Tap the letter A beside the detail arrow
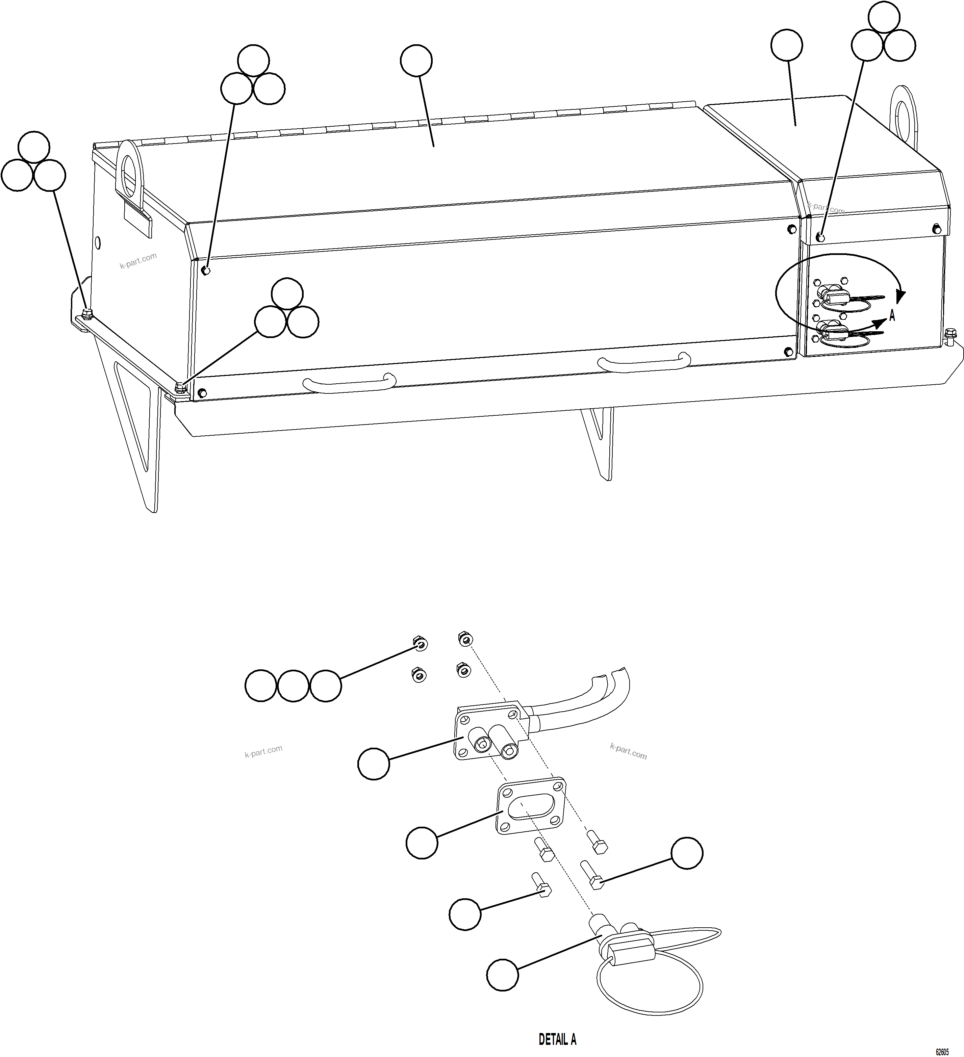click(x=892, y=316)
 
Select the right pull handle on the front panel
click(x=644, y=361)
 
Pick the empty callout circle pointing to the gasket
click(x=422, y=843)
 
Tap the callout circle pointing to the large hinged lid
click(x=416, y=61)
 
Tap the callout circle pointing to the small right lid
click(x=786, y=45)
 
